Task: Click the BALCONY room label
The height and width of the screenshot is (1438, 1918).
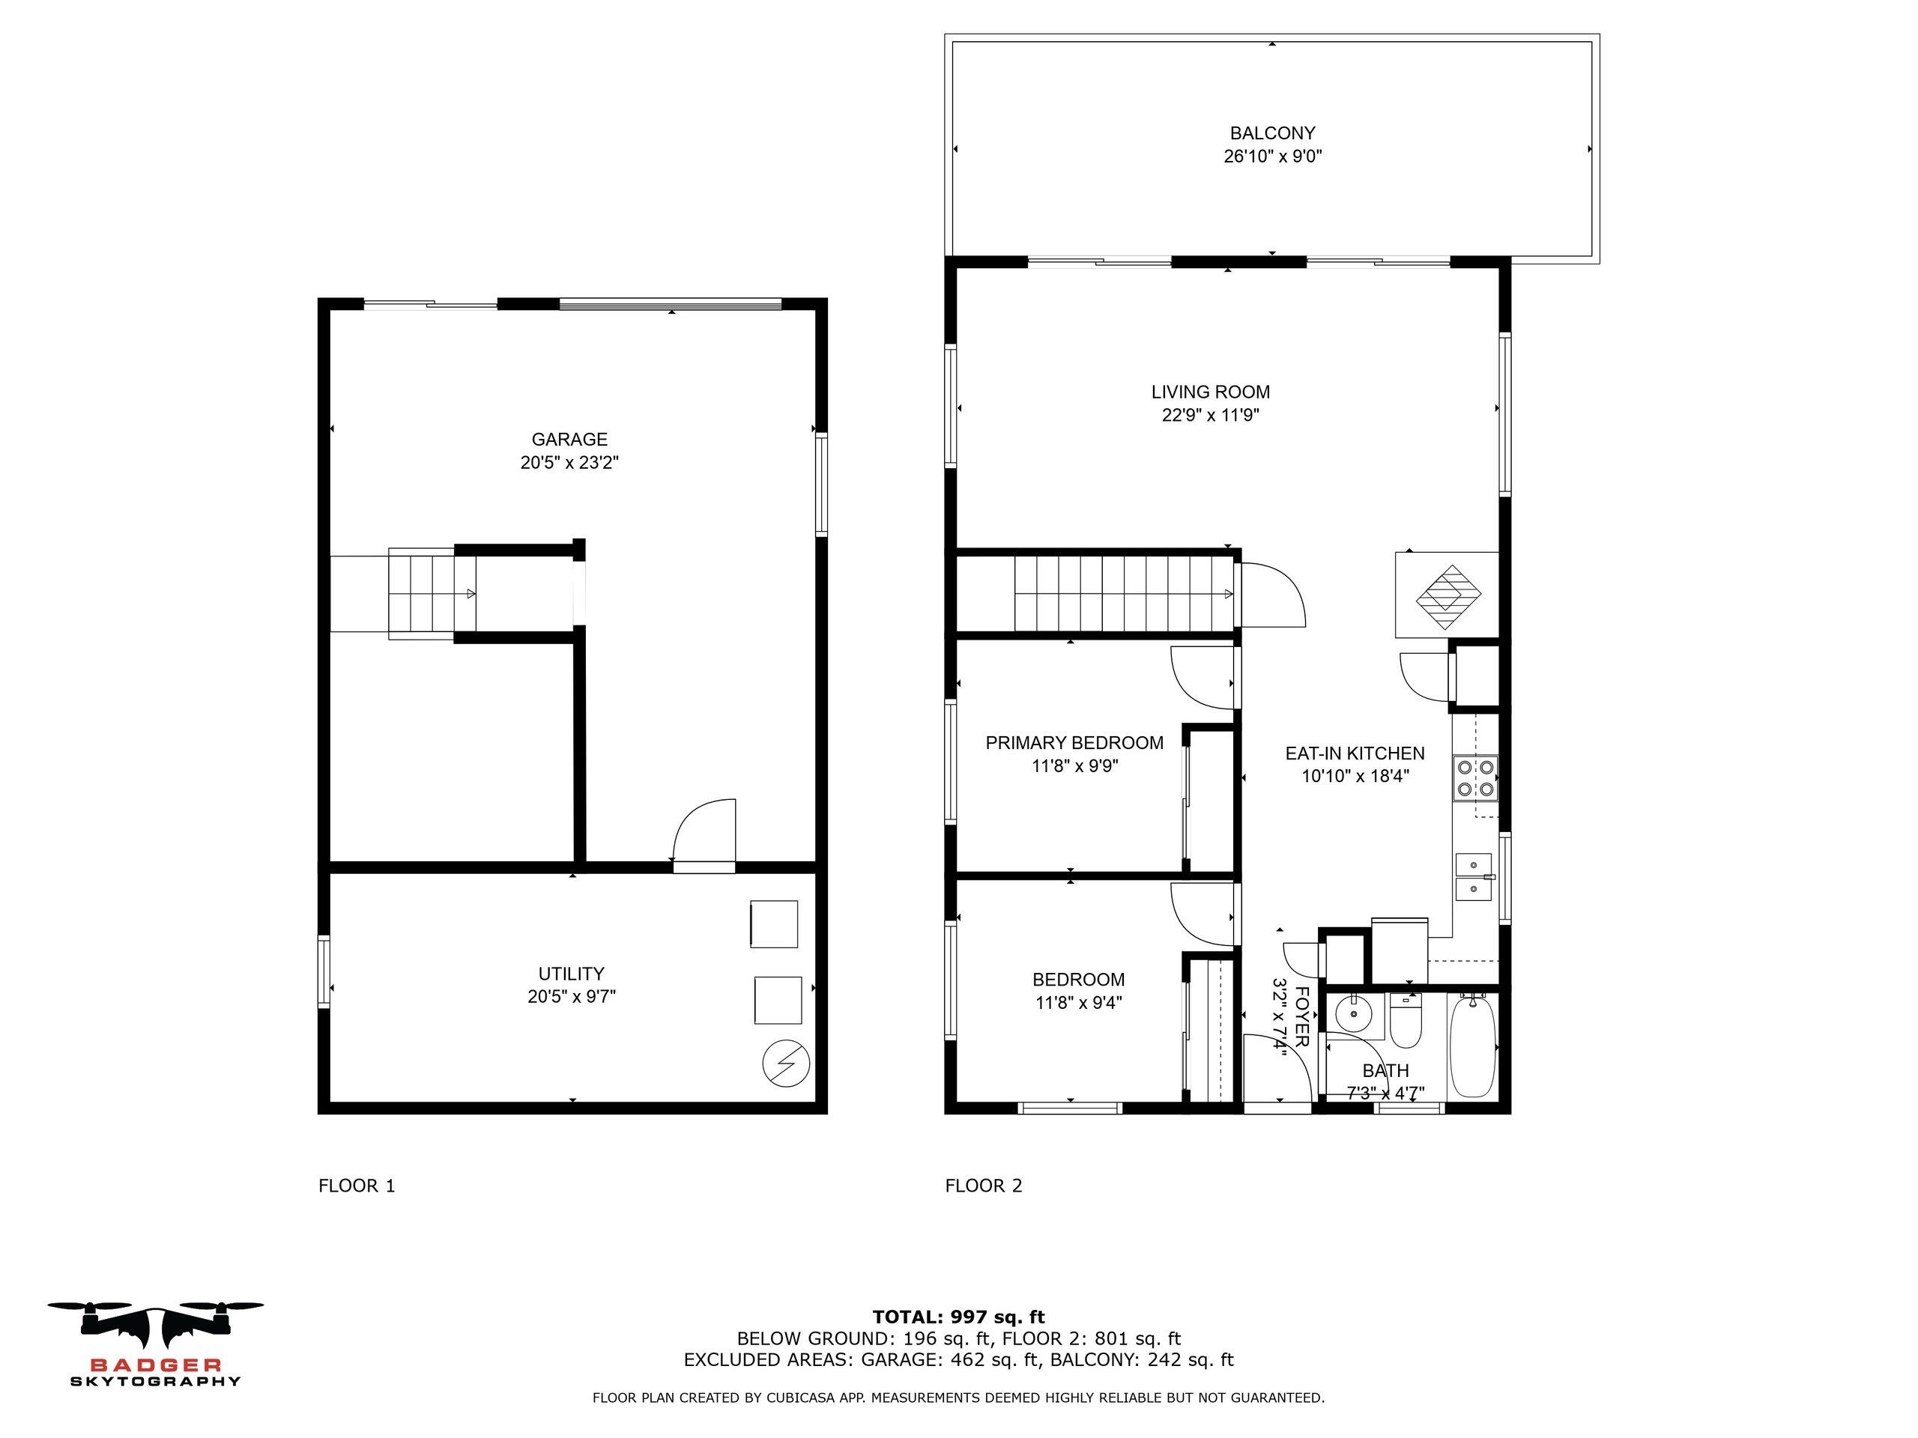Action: pyautogui.click(x=1272, y=133)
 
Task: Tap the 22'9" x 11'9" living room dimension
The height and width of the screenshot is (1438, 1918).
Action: pyautogui.click(x=1211, y=415)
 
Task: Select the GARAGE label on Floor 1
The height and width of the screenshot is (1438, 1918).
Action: pyautogui.click(x=569, y=440)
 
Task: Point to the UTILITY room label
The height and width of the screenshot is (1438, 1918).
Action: pyautogui.click(x=571, y=974)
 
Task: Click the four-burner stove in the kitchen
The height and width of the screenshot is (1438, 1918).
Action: pyautogui.click(x=1475, y=777)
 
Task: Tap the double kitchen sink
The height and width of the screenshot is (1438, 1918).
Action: pyautogui.click(x=1473, y=877)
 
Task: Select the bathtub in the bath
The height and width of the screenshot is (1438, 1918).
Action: pyautogui.click(x=1472, y=1046)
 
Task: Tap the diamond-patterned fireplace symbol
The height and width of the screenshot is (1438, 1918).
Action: pyautogui.click(x=1448, y=597)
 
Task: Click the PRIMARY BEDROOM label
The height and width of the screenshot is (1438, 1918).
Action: pyautogui.click(x=1074, y=743)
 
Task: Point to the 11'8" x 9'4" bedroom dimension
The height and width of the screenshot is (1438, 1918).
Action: pyautogui.click(x=1079, y=1003)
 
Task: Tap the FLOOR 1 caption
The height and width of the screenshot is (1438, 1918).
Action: pyautogui.click(x=357, y=1186)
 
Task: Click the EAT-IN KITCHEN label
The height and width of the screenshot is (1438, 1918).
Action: pyautogui.click(x=1355, y=753)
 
